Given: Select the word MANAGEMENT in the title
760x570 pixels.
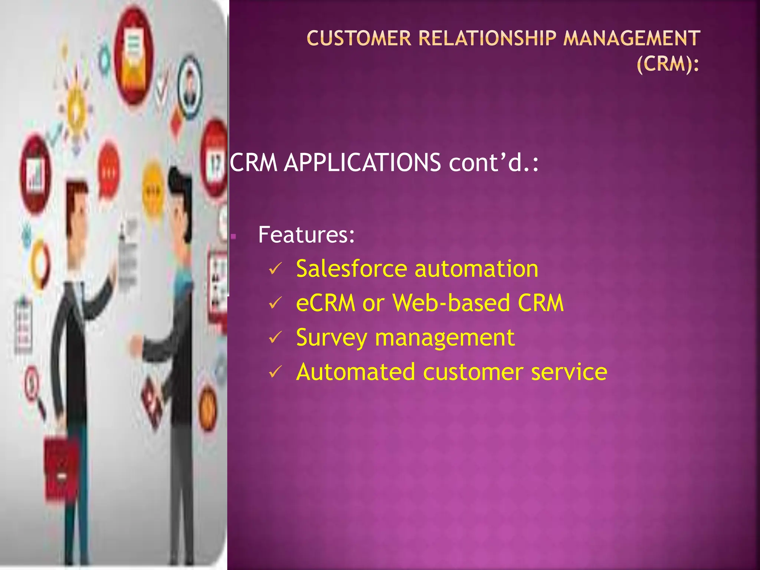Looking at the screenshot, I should [x=632, y=39].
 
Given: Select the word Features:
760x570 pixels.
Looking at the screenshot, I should [x=307, y=235].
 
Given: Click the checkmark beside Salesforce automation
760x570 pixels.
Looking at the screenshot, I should [x=275, y=269].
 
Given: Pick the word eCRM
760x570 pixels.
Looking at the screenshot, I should [x=325, y=303].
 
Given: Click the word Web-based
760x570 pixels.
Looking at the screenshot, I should [x=451, y=303].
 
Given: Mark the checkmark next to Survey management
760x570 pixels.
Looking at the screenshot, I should [x=275, y=337].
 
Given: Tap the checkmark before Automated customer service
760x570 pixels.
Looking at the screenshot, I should [x=275, y=371].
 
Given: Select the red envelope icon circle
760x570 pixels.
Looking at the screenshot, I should [x=134, y=56].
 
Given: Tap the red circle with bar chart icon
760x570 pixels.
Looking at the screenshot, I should [x=35, y=174].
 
